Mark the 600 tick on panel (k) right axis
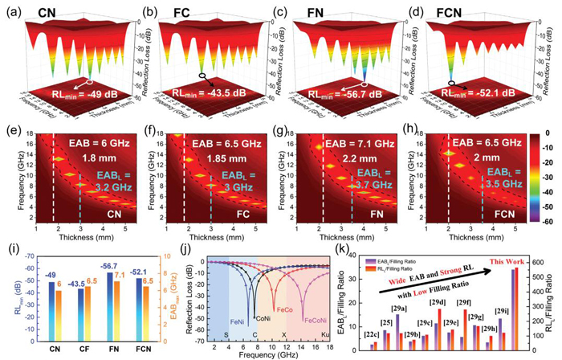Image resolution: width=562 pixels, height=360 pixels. click(535, 239)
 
